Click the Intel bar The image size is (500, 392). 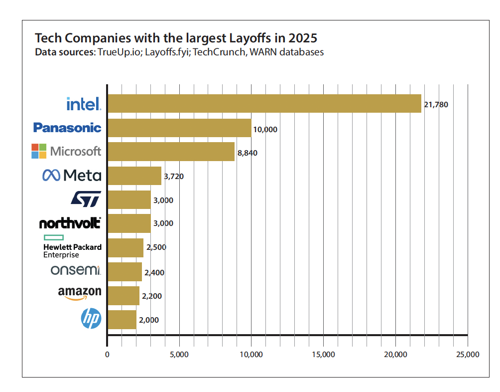tap(264, 103)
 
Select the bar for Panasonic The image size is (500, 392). tap(179, 128)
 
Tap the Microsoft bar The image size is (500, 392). tap(171, 152)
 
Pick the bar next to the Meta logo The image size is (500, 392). tap(134, 176)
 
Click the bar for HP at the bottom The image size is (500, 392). tap(122, 320)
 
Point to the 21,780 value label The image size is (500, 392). tap(436, 105)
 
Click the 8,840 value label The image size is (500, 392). tap(247, 153)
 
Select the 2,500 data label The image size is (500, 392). tap(156, 247)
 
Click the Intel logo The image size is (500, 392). tap(84, 103)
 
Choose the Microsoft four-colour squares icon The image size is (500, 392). tap(39, 151)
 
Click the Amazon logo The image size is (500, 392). tap(80, 293)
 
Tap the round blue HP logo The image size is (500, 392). tap(91, 319)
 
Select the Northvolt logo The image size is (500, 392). tap(70, 223)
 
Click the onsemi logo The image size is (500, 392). tap(76, 270)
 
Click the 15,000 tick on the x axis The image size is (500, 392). tap(323, 355)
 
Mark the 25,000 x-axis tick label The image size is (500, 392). tap(467, 355)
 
